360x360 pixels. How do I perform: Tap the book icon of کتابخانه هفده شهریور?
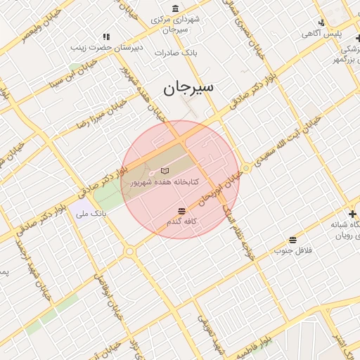coord(165,171)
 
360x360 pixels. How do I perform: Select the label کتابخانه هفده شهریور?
coord(165,182)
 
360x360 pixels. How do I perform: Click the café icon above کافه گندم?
coord(182,211)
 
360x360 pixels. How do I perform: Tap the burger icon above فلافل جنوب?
coord(292,240)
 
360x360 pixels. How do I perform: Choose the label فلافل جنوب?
coord(292,250)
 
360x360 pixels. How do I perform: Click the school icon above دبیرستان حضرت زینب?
coord(106,37)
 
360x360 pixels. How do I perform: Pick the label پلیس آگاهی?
coord(321,33)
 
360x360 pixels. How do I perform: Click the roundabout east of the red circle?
coord(246,168)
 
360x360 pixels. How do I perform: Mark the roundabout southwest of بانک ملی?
coord(129,251)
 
